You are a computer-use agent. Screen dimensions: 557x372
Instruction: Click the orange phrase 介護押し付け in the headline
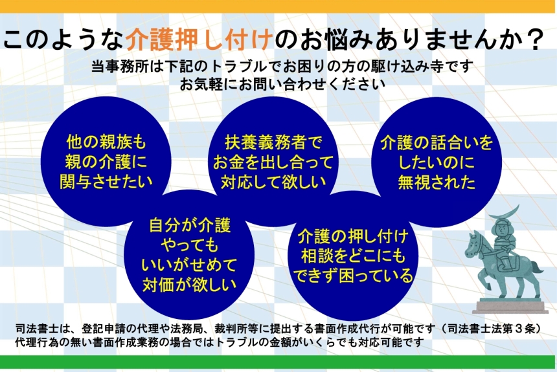click(x=199, y=39)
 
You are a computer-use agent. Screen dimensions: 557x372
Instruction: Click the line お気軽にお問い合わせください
click(x=282, y=84)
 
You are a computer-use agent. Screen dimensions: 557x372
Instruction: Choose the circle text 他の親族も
click(x=106, y=142)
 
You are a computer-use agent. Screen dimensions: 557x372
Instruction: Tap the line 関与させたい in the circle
click(x=106, y=181)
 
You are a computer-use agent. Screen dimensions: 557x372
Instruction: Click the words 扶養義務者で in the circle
click(x=273, y=143)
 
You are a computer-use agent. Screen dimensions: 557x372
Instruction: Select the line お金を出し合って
click(x=273, y=162)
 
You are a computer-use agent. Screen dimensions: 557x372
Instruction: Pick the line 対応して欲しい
click(x=273, y=182)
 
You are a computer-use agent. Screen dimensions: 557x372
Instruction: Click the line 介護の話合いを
click(x=437, y=143)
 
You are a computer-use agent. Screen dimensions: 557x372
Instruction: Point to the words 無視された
click(x=437, y=182)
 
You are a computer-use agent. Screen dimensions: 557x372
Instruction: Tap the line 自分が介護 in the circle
click(x=190, y=225)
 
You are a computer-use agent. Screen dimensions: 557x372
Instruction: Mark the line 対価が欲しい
click(x=190, y=284)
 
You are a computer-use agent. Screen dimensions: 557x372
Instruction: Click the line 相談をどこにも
click(x=353, y=256)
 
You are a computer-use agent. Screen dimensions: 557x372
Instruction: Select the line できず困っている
click(x=353, y=276)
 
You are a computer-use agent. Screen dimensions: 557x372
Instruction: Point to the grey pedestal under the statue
click(x=510, y=306)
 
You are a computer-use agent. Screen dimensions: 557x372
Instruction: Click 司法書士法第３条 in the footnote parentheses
click(x=492, y=329)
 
